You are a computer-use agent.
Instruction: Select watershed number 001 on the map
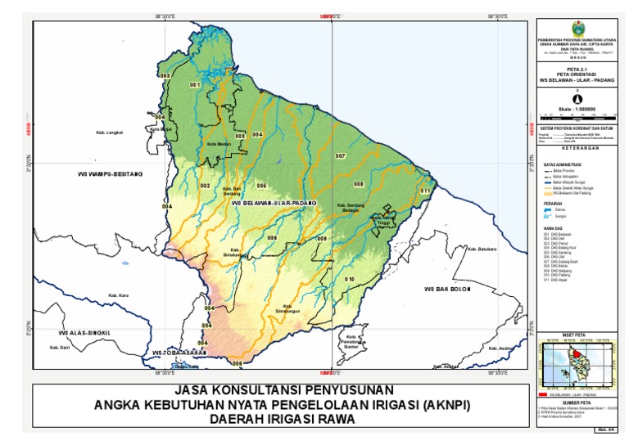195,85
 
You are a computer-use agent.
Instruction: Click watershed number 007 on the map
340,155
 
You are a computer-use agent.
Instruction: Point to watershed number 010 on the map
349,280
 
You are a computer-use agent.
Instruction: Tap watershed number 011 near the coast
424,191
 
